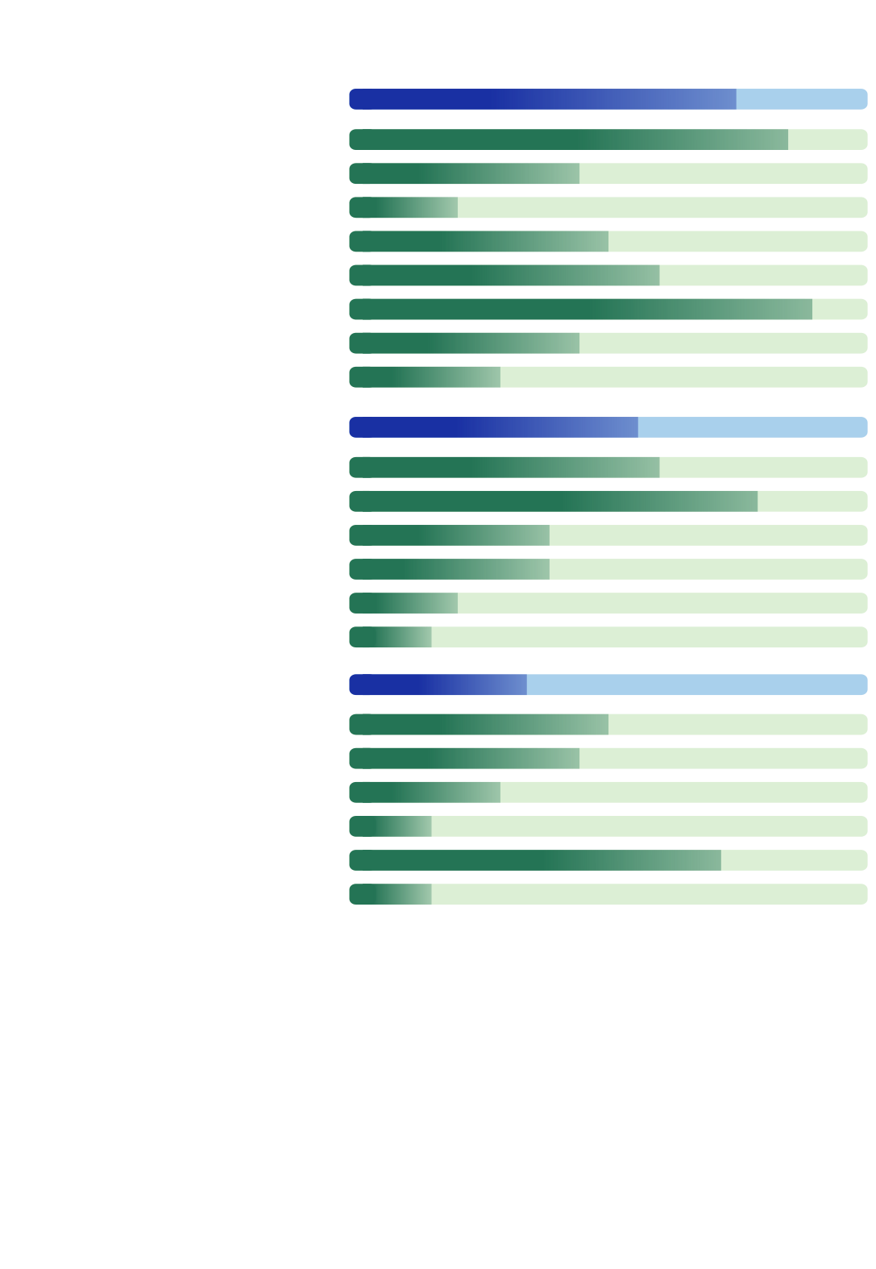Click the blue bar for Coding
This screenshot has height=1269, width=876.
(x=608, y=685)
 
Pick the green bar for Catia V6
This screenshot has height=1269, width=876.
(x=608, y=309)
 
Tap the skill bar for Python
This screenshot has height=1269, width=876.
(x=608, y=826)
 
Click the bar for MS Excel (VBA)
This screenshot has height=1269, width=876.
(x=608, y=860)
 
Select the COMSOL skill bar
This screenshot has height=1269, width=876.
(x=608, y=637)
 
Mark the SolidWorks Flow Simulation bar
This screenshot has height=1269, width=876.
(x=608, y=501)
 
